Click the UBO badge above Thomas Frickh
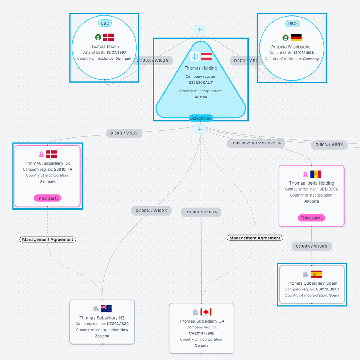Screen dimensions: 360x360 [x=105, y=23]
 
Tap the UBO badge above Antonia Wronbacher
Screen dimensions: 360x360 [x=292, y=24]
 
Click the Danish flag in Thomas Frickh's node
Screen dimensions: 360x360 [x=108, y=37]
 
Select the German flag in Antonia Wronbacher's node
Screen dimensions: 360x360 [x=296, y=37]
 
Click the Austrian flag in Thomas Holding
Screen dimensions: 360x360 [x=206, y=56]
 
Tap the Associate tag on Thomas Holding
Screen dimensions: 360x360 [x=201, y=118]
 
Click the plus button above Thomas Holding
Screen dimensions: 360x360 [x=200, y=30]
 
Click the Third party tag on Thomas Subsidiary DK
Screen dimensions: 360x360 [x=47, y=198]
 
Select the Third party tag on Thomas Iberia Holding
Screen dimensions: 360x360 [x=311, y=218]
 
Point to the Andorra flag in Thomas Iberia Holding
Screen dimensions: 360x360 [x=316, y=174]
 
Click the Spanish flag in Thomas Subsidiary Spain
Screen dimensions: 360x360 [x=316, y=274]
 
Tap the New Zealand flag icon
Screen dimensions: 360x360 [x=106, y=309]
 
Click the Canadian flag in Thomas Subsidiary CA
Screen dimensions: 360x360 [x=206, y=312]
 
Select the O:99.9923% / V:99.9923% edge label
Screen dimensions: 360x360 [x=256, y=143]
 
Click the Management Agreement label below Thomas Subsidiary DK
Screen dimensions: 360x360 [x=48, y=239]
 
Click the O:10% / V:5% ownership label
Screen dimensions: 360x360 [x=246, y=60]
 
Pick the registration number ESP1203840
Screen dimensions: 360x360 [x=327, y=289]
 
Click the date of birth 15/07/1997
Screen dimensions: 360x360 [x=116, y=52]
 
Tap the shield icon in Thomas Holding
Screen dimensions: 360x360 [x=195, y=56]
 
